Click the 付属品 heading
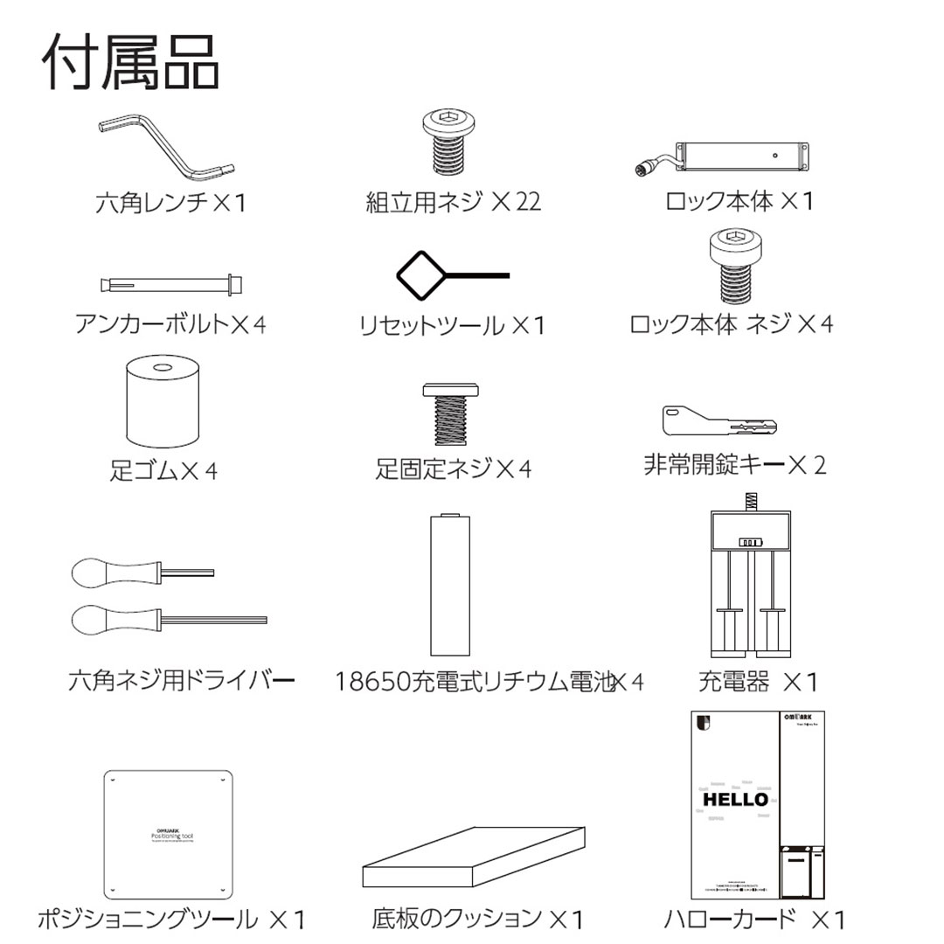pos(131,63)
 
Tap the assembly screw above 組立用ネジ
pos(452,144)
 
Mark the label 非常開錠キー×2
pos(734,465)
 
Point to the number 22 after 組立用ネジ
pos(528,202)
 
